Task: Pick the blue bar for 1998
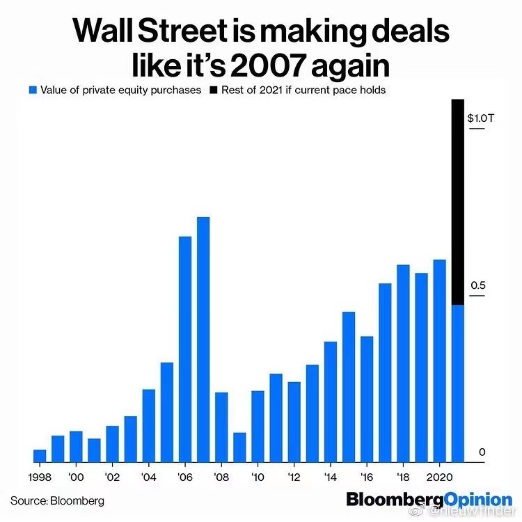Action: coord(40,455)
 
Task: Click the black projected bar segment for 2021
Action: coord(457,202)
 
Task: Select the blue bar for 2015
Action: coord(349,386)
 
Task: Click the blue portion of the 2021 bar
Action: coord(457,383)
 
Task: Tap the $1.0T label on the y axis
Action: coord(480,118)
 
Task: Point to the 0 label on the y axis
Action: coord(481,452)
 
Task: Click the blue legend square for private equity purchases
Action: coord(31,90)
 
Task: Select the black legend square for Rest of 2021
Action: coord(214,90)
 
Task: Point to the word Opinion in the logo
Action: coord(477,500)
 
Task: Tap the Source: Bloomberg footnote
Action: coord(57,500)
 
